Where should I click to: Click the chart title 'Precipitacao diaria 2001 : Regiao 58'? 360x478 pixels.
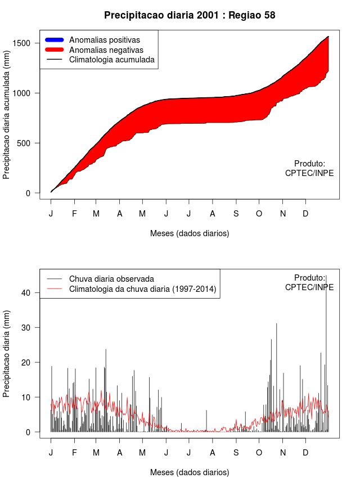(x=190, y=15)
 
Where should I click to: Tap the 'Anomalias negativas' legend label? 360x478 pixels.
(x=106, y=49)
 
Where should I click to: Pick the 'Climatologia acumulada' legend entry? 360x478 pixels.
(x=111, y=59)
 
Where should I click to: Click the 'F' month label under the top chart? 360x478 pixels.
(x=74, y=214)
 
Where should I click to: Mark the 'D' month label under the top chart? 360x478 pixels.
(x=305, y=214)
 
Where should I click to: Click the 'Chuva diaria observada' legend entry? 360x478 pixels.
(x=111, y=278)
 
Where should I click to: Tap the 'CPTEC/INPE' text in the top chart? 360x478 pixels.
(x=309, y=173)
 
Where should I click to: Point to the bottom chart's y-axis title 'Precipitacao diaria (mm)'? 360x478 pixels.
(x=7, y=353)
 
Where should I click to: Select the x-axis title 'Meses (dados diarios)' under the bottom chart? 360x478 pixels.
(x=190, y=472)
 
